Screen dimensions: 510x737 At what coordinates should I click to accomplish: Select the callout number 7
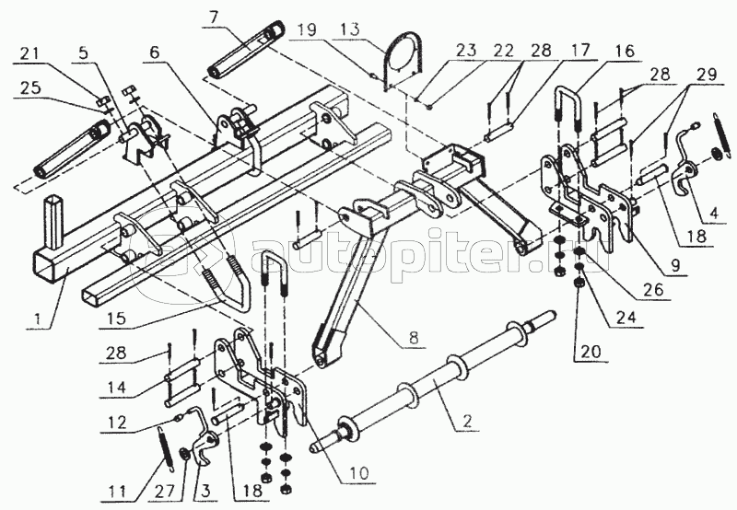pyautogui.click(x=214, y=17)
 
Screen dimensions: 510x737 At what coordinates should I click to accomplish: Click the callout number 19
pyautogui.click(x=306, y=31)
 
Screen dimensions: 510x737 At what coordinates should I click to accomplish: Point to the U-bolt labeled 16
pyautogui.click(x=567, y=110)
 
